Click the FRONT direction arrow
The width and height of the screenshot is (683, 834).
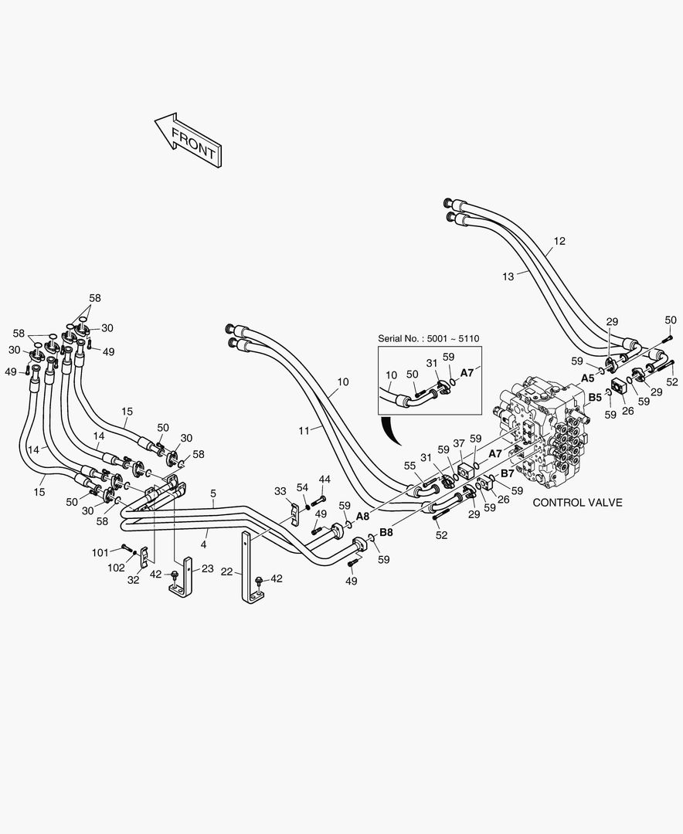[189, 139]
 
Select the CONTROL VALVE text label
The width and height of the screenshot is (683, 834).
[578, 502]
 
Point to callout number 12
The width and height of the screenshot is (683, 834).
[559, 241]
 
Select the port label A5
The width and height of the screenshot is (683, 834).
[586, 378]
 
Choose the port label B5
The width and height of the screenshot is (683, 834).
[594, 398]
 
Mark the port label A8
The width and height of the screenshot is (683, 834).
[362, 516]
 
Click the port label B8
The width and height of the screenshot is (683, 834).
[386, 531]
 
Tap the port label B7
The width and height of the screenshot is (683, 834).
[507, 473]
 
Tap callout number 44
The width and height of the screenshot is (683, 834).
[324, 479]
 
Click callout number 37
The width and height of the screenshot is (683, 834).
[459, 442]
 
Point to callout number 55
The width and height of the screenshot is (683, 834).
[409, 466]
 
